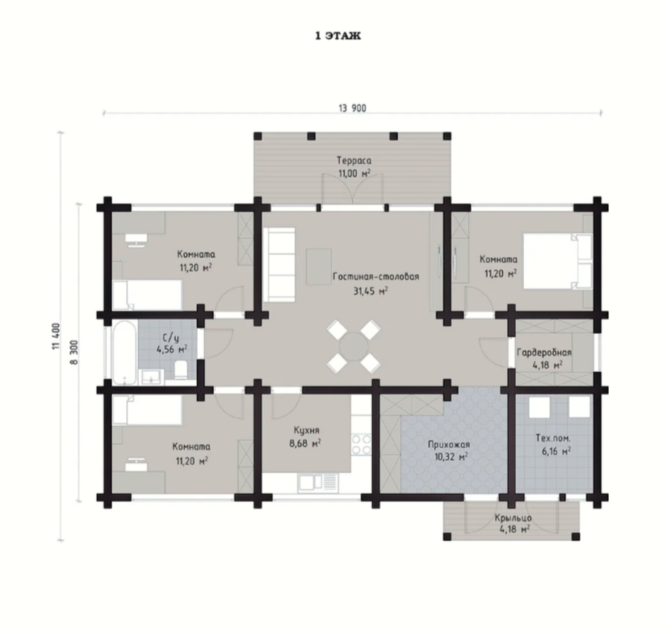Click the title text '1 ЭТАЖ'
(x=338, y=36)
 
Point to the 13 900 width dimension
(x=352, y=108)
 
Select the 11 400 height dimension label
(x=57, y=337)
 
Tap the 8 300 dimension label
(x=74, y=352)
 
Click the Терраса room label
(x=354, y=160)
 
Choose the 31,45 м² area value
(x=371, y=291)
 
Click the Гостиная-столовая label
(x=376, y=277)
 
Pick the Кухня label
(x=307, y=430)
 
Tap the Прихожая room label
(x=449, y=445)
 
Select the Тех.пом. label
(x=553, y=438)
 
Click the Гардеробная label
(x=544, y=352)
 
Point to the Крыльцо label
(x=514, y=518)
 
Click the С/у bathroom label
(x=171, y=338)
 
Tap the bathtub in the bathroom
(x=124, y=353)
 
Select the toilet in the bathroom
(x=182, y=369)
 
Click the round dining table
(x=354, y=346)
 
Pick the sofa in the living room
(x=279, y=264)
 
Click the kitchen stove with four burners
(x=361, y=444)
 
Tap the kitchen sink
(x=318, y=483)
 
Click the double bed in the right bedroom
(x=558, y=261)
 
